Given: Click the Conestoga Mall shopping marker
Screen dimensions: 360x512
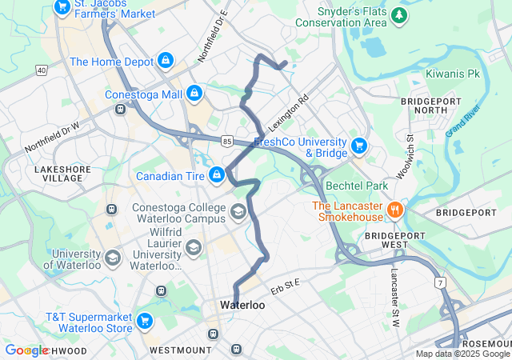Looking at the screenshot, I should pyautogui.click(x=194, y=94).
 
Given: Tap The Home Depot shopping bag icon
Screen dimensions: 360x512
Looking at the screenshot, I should pyautogui.click(x=165, y=61).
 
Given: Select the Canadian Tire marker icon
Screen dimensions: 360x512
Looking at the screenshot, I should pyautogui.click(x=216, y=175).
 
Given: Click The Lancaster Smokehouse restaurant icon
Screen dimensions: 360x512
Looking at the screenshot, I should pyautogui.click(x=394, y=210).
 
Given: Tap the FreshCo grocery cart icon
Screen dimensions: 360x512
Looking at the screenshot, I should pyautogui.click(x=359, y=146).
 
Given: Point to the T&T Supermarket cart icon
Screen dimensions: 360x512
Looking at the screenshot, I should pyautogui.click(x=144, y=321).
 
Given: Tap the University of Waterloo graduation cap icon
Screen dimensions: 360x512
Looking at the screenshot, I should pyautogui.click(x=112, y=258).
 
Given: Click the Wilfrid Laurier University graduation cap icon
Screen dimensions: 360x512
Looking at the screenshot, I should pyautogui.click(x=194, y=248).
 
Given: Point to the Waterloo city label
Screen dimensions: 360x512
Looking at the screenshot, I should pyautogui.click(x=242, y=306).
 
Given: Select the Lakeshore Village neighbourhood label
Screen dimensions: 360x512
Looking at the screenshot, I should pyautogui.click(x=58, y=174).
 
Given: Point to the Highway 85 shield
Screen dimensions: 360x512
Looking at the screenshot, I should pyautogui.click(x=228, y=141).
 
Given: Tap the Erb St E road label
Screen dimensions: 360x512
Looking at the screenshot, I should pyautogui.click(x=286, y=286).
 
